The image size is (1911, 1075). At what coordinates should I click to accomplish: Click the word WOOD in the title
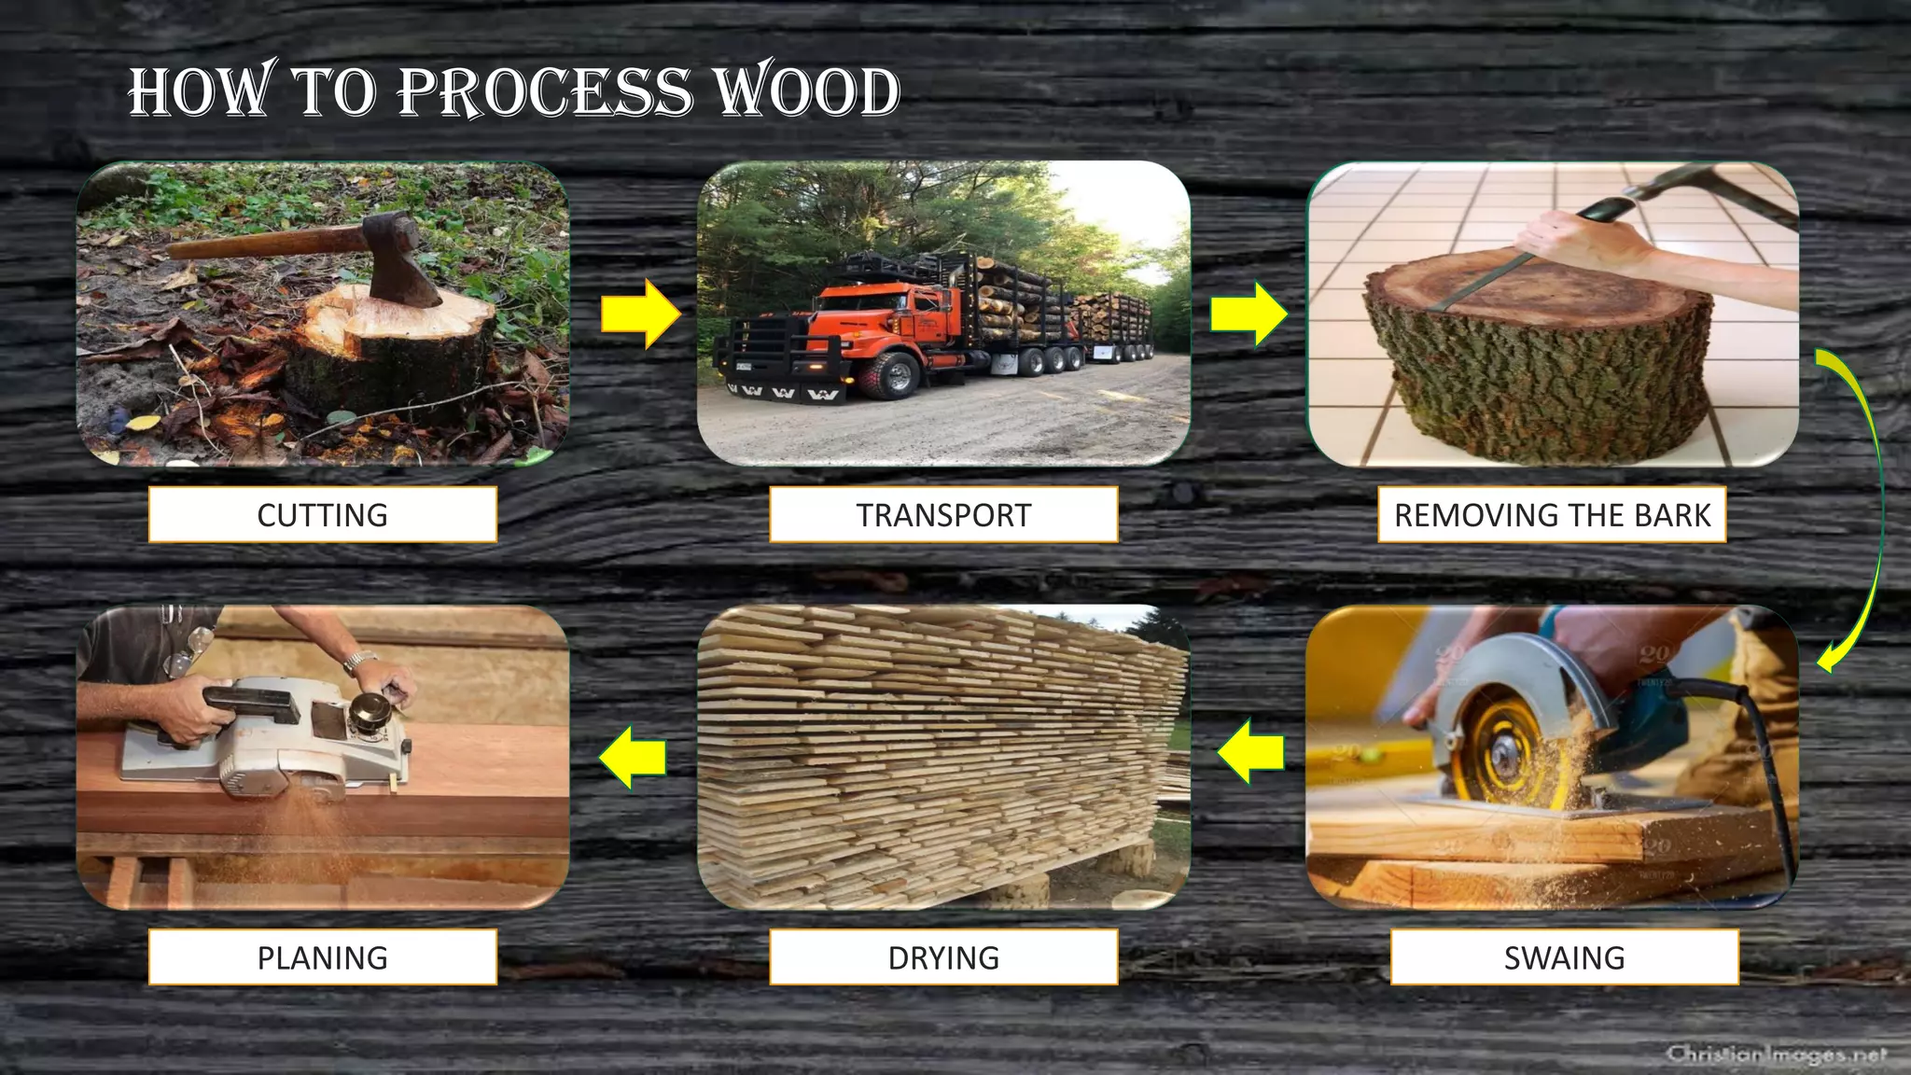(806, 92)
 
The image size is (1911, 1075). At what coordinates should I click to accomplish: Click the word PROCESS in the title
(546, 92)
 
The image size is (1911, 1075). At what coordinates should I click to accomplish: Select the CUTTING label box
(322, 514)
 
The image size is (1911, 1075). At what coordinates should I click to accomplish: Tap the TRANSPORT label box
(943, 514)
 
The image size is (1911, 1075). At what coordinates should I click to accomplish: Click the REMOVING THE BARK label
(1552, 514)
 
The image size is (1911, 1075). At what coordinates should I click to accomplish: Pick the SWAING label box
(1564, 956)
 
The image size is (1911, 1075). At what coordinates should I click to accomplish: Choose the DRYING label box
(943, 956)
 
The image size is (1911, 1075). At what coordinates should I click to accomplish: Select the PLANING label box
(322, 956)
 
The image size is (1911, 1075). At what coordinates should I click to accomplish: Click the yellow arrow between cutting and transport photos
(640, 314)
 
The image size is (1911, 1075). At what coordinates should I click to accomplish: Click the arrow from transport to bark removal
(1248, 314)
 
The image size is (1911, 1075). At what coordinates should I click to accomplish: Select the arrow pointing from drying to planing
(633, 757)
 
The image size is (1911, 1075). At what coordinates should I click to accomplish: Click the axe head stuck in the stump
(403, 258)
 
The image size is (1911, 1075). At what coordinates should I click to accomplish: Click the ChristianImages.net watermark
(1776, 1054)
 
